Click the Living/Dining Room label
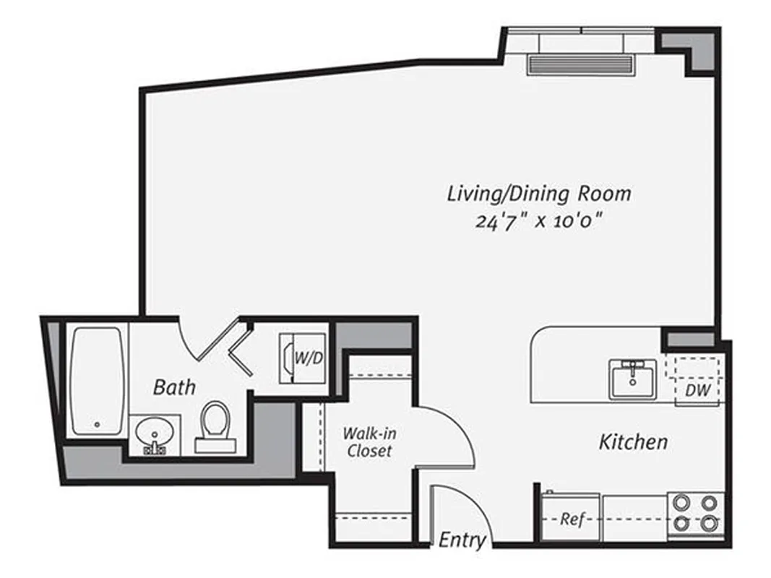pos(539,194)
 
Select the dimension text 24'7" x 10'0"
pos(539,220)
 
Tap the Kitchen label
pos(633,442)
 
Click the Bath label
pos(174,387)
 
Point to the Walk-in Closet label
pos(369,442)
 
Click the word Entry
pos(462,540)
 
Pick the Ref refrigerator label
pos(572,519)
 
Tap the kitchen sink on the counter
pos(632,379)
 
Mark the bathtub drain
pos(95,424)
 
